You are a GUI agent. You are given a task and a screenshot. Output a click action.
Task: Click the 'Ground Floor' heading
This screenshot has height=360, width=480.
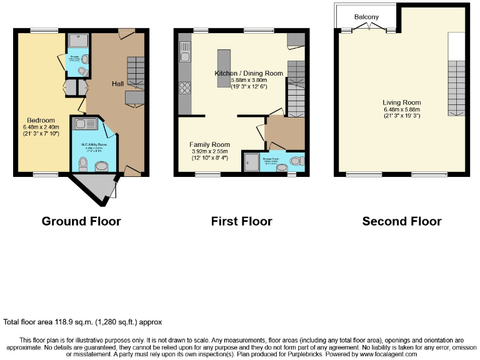tap(81, 221)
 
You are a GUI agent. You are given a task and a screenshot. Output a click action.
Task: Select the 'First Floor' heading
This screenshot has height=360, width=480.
tap(241, 221)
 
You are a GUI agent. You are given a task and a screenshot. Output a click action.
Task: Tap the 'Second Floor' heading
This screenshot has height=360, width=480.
tap(402, 221)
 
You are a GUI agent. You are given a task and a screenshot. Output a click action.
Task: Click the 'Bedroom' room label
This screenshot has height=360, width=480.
tap(41, 120)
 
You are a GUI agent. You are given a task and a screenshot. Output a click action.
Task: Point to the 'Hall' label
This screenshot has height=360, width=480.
tap(117, 84)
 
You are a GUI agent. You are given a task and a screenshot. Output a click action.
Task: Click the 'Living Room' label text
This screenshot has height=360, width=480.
tap(402, 102)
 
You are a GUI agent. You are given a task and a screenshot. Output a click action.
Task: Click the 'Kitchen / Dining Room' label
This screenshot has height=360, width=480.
tap(249, 73)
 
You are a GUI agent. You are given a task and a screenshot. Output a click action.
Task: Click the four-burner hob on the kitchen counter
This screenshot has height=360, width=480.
tap(184, 87)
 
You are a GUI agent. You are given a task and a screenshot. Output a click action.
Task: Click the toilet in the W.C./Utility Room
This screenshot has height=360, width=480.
tap(82, 164)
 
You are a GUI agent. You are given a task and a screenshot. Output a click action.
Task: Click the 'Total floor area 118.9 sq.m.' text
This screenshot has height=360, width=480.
tap(82, 322)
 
